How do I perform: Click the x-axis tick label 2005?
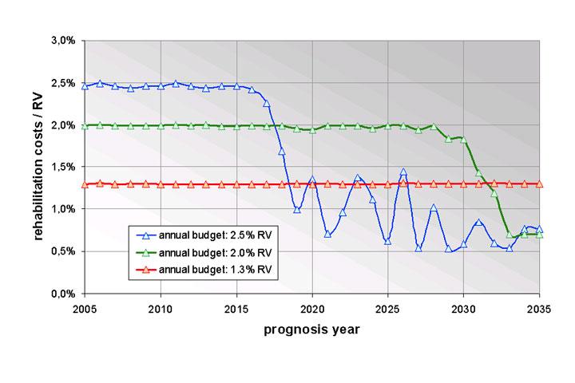click(85, 308)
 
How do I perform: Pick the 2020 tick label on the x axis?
click(312, 308)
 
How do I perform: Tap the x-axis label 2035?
click(539, 308)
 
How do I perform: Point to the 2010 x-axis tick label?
click(161, 308)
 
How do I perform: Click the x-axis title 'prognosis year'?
click(311, 330)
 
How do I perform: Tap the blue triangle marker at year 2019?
click(297, 209)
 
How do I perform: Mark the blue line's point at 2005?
click(85, 85)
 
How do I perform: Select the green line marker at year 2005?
click(85, 125)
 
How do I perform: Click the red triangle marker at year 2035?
click(539, 184)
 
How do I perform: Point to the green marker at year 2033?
click(510, 234)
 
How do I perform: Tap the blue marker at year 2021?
click(327, 233)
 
